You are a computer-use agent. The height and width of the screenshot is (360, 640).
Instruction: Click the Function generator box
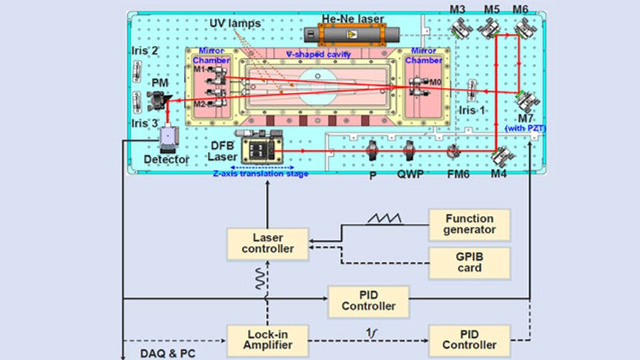(469, 225)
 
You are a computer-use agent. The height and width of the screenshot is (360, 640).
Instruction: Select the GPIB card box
(469, 263)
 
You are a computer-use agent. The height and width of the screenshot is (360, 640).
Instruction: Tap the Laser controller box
(267, 243)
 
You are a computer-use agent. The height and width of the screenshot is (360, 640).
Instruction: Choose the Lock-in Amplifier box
(267, 339)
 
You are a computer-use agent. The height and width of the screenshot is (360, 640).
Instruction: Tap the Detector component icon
(169, 137)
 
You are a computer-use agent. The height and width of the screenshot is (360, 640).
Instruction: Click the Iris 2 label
(145, 51)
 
